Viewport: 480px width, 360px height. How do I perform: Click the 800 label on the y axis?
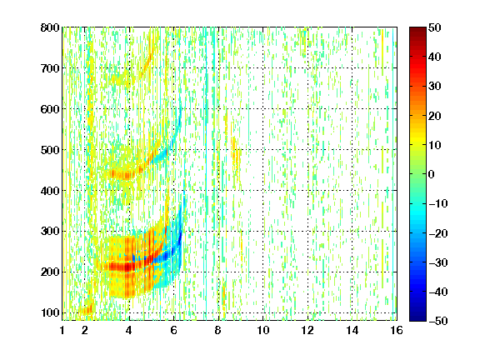(50, 27)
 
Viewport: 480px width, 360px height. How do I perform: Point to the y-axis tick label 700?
(50, 68)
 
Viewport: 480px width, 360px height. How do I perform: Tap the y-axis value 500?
(50, 150)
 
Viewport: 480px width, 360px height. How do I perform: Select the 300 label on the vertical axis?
(50, 231)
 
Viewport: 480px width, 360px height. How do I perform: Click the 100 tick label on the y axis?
(50, 312)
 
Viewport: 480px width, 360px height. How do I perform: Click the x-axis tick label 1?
(62, 330)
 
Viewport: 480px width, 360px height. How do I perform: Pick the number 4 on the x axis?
(129, 330)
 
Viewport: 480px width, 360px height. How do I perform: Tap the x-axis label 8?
(217, 330)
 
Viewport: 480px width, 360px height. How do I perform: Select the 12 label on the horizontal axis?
(307, 330)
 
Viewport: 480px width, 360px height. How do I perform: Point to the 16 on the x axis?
(397, 330)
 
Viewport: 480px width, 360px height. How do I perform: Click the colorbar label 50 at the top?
(434, 27)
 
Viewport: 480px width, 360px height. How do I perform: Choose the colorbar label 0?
(432, 174)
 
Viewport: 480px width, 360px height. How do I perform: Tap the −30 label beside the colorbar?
(438, 262)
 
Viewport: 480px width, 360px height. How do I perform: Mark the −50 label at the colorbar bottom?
(438, 321)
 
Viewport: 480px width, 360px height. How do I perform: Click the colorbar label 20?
(434, 116)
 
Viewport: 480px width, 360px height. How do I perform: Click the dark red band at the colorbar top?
(417, 33)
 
